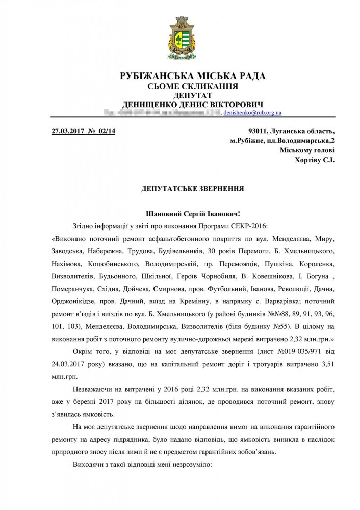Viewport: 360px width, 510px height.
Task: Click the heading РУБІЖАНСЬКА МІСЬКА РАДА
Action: click(192, 76)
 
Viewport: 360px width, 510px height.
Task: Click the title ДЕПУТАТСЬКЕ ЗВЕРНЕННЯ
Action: click(192, 188)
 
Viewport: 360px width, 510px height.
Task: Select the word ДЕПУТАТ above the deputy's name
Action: click(192, 95)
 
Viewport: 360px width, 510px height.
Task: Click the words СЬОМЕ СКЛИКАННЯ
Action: click(192, 86)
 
